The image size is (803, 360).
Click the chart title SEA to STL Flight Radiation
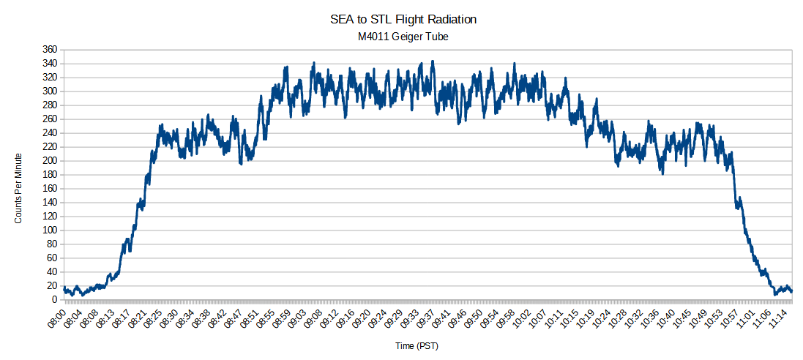click(x=404, y=20)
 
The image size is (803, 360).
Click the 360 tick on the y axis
click(x=50, y=49)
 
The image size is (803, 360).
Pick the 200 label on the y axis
click(x=50, y=161)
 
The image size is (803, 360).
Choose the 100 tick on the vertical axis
click(x=50, y=230)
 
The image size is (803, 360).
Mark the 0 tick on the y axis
click(x=54, y=300)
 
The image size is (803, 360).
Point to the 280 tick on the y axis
click(x=50, y=105)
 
